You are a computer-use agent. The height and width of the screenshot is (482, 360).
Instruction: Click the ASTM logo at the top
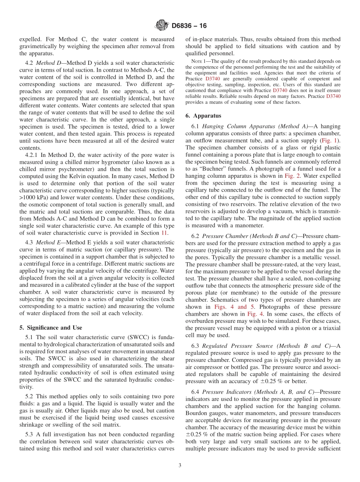(x=162, y=26)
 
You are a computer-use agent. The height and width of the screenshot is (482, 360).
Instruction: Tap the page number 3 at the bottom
(x=180, y=465)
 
